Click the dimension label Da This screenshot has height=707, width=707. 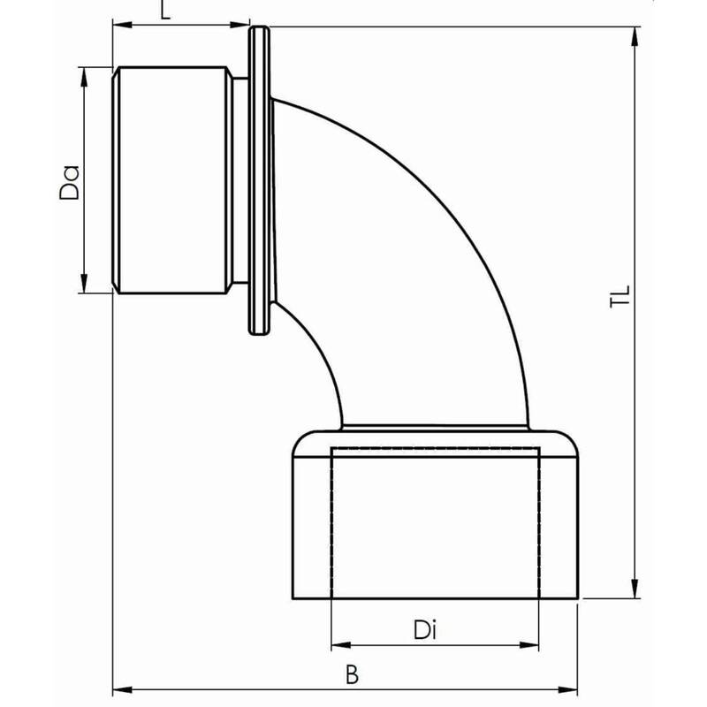coord(70,183)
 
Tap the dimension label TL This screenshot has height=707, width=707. coord(620,296)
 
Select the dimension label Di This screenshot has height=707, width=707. coord(425,630)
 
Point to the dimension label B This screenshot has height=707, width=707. coord(352,675)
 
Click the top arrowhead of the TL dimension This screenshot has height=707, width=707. coord(635,36)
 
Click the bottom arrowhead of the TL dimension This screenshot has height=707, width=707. coord(635,589)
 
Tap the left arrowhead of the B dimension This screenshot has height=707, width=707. coord(122,690)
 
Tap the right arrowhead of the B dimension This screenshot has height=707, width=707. coord(568,690)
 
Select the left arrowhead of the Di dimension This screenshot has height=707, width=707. coord(341,646)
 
